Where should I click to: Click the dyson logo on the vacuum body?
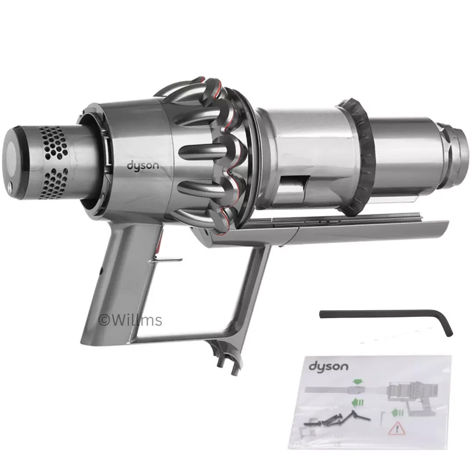click(x=143, y=166)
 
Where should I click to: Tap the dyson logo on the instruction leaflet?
click(x=328, y=366)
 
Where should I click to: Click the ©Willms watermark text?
click(x=130, y=320)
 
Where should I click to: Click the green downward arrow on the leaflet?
click(x=358, y=381)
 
